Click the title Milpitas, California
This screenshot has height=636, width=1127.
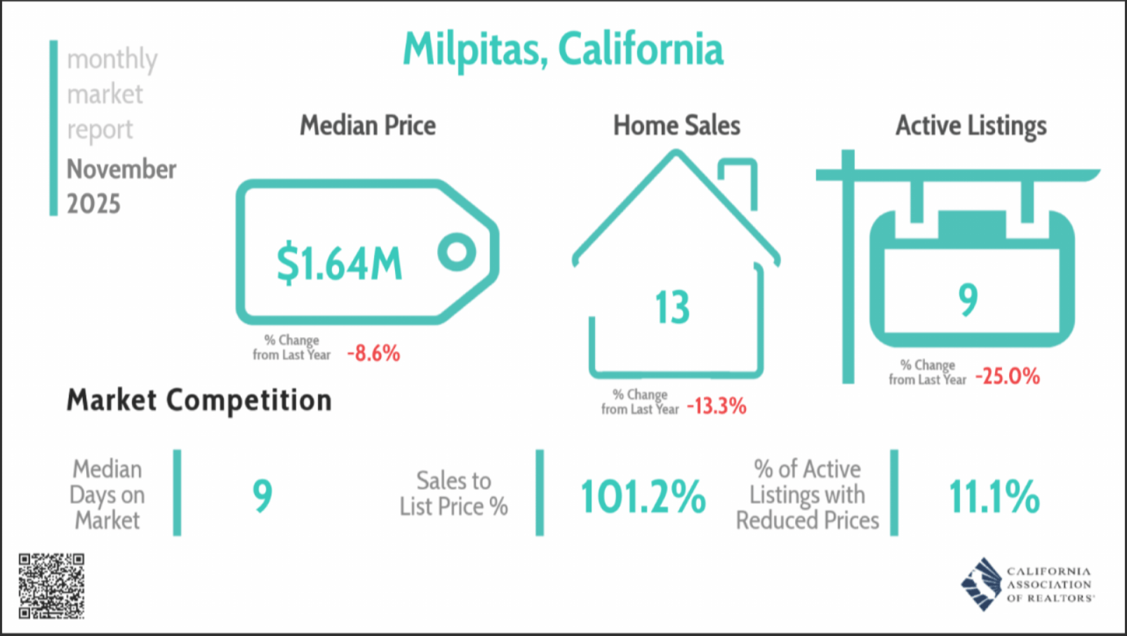click(x=563, y=50)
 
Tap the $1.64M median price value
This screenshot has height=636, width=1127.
click(x=340, y=263)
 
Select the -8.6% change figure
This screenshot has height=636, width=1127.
click(x=374, y=352)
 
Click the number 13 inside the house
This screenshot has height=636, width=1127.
click(x=672, y=307)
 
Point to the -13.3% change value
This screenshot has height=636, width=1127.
click(x=716, y=406)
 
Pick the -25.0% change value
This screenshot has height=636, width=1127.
click(x=1007, y=376)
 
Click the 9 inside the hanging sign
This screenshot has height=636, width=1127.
click(x=968, y=300)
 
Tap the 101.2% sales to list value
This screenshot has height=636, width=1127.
click(x=643, y=496)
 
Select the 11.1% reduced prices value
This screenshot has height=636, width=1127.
click(x=994, y=496)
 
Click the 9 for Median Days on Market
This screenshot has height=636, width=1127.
click(x=262, y=496)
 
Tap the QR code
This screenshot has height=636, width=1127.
click(x=51, y=586)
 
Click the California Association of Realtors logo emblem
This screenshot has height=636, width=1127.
click(x=981, y=584)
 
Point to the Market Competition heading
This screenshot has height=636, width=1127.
click(x=199, y=401)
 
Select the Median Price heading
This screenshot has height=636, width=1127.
click(x=368, y=125)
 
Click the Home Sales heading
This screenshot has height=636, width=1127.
click(x=676, y=125)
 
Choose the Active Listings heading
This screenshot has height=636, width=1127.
click(x=971, y=126)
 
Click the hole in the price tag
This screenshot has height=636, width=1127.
click(x=457, y=251)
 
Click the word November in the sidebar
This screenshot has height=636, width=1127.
click(x=121, y=169)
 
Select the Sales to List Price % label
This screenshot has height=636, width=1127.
click(x=454, y=493)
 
